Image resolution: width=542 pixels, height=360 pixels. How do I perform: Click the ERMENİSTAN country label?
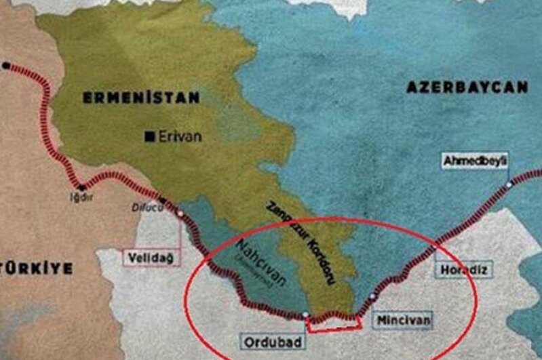click(x=142, y=98)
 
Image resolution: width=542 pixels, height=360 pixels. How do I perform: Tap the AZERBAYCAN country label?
click(x=467, y=87)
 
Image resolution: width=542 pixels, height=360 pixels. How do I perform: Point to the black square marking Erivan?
click(x=149, y=136)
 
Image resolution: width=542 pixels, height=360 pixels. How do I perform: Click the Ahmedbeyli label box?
click(x=475, y=161)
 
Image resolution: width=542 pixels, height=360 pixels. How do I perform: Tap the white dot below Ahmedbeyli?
click(x=509, y=184)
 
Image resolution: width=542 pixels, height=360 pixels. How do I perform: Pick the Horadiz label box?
click(x=463, y=270)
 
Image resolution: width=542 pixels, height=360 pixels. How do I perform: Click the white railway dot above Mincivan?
click(x=372, y=297)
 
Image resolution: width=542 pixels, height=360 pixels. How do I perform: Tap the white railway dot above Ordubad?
click(x=306, y=315)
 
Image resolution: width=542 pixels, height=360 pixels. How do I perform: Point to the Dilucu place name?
click(x=144, y=209)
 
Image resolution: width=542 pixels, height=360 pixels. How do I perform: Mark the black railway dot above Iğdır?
click(x=81, y=187)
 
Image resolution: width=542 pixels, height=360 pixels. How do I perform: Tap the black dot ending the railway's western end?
click(x=6, y=66)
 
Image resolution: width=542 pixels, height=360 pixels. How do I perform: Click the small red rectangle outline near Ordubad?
click(x=333, y=323)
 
